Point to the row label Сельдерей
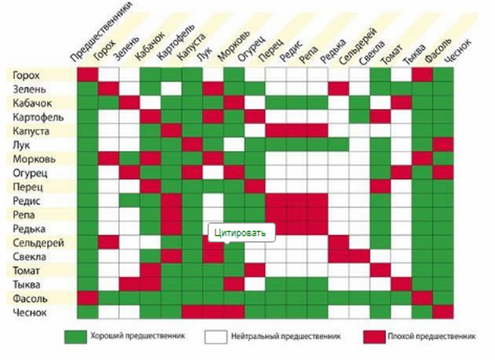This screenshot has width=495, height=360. tap(34, 243)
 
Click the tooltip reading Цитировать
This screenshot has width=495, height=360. tap(239, 234)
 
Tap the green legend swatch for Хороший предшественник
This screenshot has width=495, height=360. tap(76, 338)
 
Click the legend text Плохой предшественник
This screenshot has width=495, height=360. tap(433, 338)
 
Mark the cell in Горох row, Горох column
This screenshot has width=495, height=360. tap(87, 75)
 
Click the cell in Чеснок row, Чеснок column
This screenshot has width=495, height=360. tap(443, 313)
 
